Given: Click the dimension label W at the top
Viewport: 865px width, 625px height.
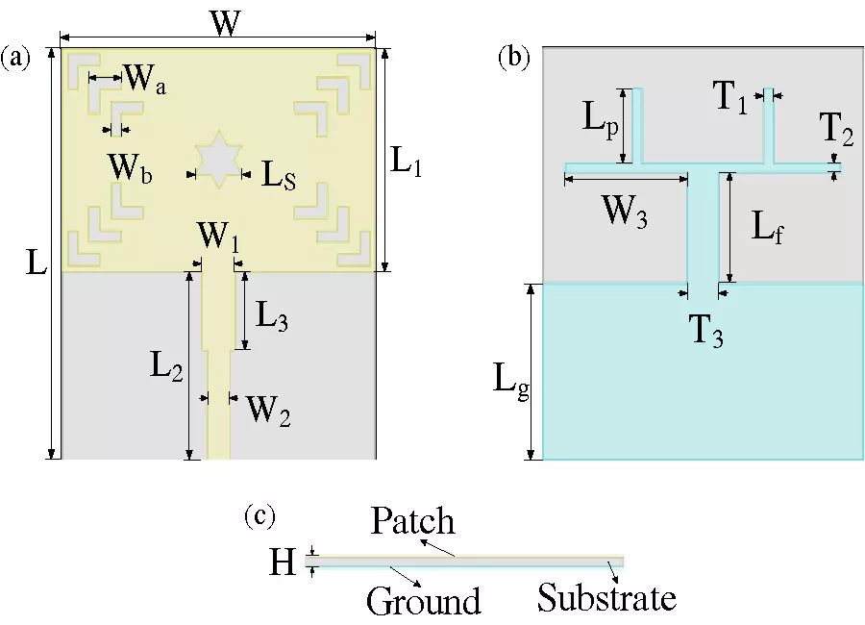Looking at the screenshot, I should coord(225,25).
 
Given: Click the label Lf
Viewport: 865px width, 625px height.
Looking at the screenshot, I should coord(765,228).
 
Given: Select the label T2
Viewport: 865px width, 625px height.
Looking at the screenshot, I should coord(836,129).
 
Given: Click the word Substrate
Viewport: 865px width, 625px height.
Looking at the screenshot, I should coord(606,597).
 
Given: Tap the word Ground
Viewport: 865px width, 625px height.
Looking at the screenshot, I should coord(423,600).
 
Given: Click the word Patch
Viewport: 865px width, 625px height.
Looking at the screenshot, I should coord(412,523).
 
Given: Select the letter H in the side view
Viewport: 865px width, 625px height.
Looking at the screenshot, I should coord(282,562).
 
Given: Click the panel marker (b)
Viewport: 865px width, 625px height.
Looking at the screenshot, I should coord(513,58).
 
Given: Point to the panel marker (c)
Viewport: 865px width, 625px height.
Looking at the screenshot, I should coord(259,516).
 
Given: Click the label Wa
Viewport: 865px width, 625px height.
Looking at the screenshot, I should coord(146,81).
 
